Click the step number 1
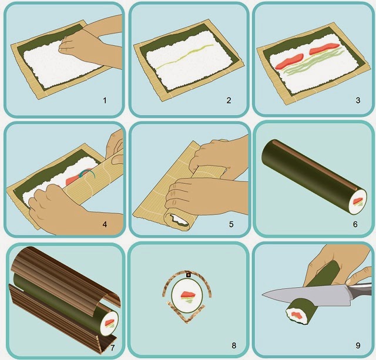[x=105, y=100]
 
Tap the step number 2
[x=229, y=100]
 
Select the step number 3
[x=358, y=100]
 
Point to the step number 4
[x=105, y=224]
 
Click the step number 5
[x=231, y=224]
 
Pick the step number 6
[x=355, y=224]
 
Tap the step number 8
[x=234, y=345]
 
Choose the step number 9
[x=358, y=345]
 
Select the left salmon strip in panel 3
[x=290, y=62]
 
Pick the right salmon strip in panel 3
[x=324, y=49]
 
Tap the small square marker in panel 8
[x=189, y=275]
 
